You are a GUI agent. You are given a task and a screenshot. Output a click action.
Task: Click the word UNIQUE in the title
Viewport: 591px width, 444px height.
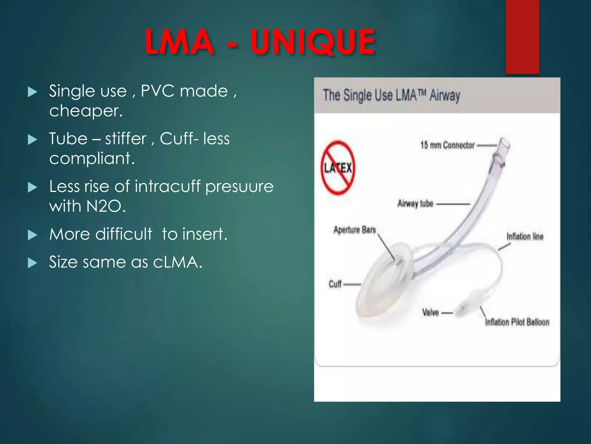(313, 42)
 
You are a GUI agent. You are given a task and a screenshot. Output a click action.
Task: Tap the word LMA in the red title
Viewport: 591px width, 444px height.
(179, 42)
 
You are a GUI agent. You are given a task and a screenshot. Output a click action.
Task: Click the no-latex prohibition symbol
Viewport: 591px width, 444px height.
(338, 168)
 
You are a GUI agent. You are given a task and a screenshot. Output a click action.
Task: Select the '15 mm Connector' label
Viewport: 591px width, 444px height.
(447, 145)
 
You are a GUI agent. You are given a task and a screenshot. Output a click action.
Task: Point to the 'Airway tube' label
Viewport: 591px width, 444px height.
(415, 203)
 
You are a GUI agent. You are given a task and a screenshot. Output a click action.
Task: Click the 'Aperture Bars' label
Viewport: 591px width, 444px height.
(355, 230)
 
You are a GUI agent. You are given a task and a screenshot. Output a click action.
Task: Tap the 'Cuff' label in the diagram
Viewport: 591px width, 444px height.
(335, 284)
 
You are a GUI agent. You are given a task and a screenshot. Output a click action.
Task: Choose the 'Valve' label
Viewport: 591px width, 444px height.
(430, 312)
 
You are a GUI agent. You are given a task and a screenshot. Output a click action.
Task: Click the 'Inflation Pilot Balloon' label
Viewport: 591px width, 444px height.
(517, 322)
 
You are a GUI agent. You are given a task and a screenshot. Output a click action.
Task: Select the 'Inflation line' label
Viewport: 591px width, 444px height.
(525, 236)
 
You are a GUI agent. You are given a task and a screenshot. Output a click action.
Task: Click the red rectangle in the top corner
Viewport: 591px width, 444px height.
(522, 37)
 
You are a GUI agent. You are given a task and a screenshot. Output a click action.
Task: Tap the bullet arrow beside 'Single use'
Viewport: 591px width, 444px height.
(33, 92)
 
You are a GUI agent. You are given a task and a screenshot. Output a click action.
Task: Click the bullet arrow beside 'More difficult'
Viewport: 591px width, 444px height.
(33, 235)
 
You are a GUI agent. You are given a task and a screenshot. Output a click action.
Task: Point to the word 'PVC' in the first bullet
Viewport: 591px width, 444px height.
(158, 91)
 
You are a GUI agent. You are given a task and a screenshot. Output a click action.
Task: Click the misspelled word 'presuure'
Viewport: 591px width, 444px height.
(239, 187)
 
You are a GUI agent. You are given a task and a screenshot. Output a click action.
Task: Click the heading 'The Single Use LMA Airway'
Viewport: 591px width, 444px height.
(391, 95)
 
